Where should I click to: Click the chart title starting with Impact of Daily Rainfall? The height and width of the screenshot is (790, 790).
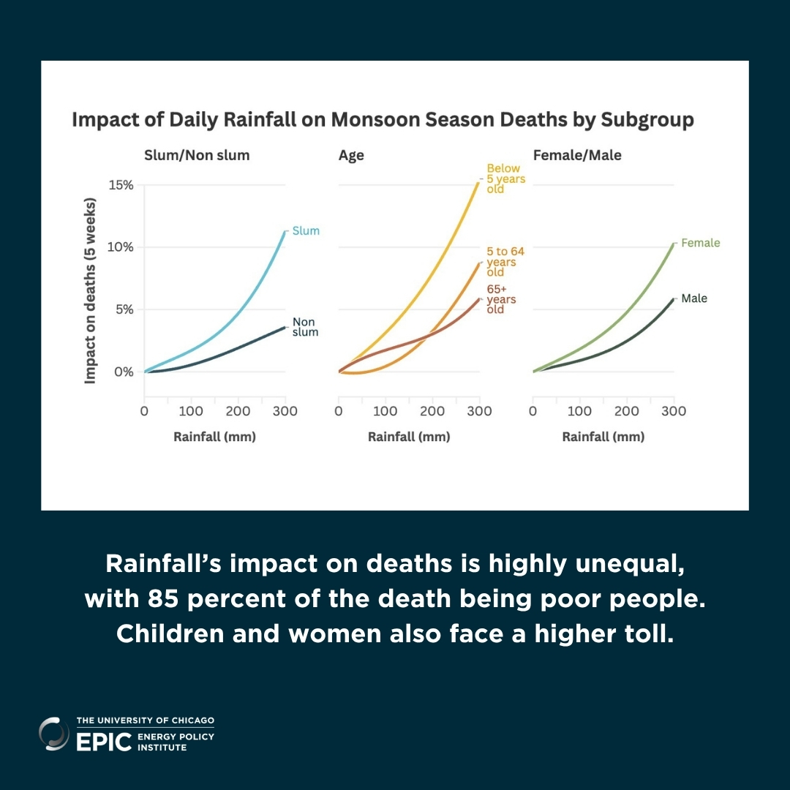tap(383, 120)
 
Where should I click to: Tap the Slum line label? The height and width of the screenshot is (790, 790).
tap(306, 230)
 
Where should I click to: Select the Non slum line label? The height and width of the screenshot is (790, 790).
tap(305, 327)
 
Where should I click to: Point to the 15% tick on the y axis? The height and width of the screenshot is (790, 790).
tap(121, 185)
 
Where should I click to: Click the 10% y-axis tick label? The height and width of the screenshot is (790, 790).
tap(121, 247)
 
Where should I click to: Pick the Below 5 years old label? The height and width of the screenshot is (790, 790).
tap(506, 178)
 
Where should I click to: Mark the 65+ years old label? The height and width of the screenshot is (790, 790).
tap(502, 300)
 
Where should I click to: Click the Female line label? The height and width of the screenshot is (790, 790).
tap(700, 243)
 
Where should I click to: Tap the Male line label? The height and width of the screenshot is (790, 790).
tap(694, 298)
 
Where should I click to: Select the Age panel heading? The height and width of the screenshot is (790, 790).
tap(351, 155)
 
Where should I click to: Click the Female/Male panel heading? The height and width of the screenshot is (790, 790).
tap(577, 155)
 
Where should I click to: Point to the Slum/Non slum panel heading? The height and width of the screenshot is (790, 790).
tap(197, 155)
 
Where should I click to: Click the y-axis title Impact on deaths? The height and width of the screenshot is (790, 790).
tap(91, 290)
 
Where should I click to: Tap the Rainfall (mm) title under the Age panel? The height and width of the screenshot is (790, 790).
tap(409, 437)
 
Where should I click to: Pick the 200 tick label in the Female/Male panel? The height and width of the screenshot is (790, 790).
tap(627, 412)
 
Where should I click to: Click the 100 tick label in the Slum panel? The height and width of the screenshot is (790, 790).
tap(191, 412)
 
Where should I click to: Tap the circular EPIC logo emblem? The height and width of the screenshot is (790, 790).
tap(54, 734)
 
